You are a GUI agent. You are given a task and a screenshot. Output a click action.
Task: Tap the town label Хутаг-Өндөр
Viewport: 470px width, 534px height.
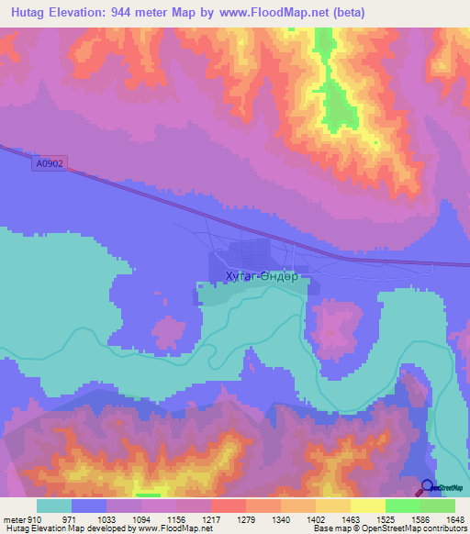click(x=248, y=275)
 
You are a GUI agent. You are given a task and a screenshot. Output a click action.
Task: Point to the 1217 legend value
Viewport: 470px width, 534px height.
click(x=210, y=519)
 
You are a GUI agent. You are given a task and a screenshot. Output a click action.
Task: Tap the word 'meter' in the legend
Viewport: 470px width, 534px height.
click(x=13, y=519)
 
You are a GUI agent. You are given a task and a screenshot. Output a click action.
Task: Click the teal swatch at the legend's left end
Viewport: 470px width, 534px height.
click(x=53, y=506)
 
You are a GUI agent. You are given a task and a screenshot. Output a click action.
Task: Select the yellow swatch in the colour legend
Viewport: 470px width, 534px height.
click(x=367, y=506)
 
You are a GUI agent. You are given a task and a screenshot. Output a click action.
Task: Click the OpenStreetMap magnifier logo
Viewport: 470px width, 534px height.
click(x=428, y=488)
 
